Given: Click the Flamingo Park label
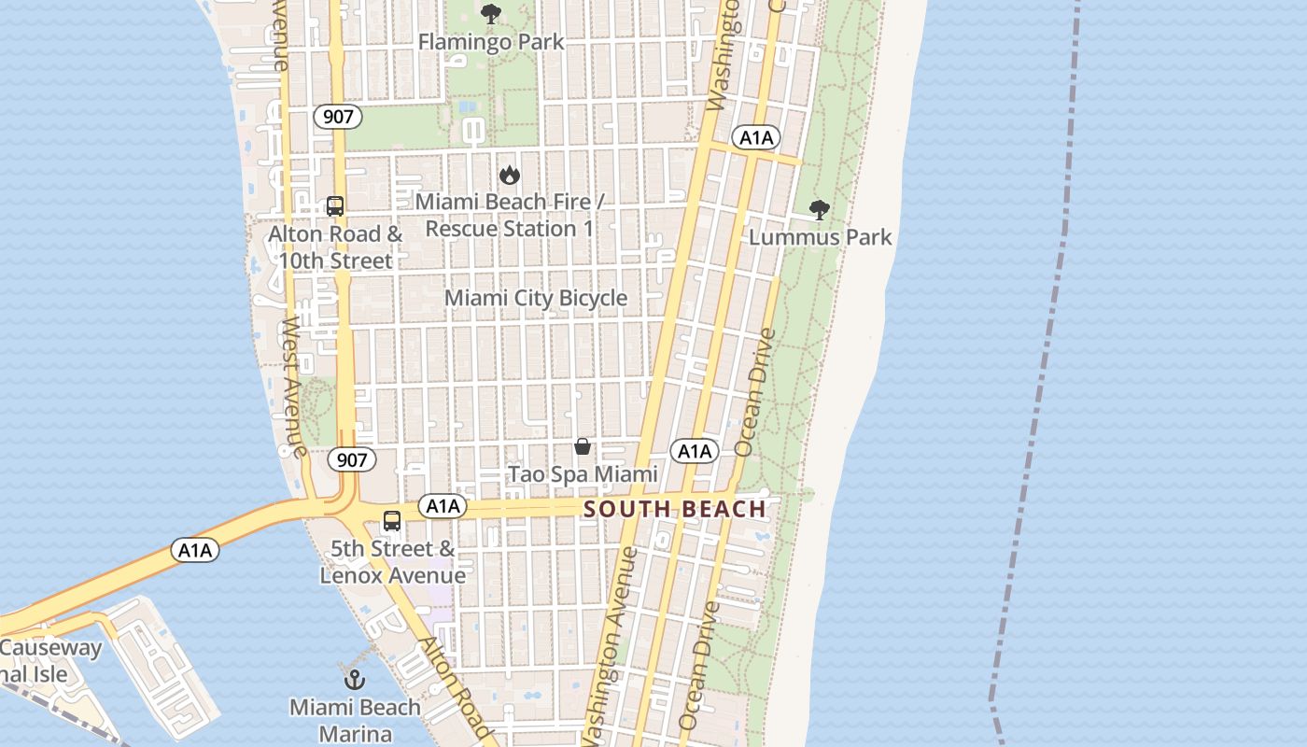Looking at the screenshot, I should (490, 42).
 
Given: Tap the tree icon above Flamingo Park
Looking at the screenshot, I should (490, 14).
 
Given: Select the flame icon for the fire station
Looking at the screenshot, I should (509, 175).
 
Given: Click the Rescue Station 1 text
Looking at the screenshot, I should (509, 229).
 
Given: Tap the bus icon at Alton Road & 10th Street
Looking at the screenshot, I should (335, 206).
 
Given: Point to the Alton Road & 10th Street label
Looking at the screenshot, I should (335, 247).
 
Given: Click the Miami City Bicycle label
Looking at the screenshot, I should (535, 298).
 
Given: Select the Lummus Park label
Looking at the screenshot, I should (820, 237).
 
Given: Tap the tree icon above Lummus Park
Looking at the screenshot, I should (819, 210).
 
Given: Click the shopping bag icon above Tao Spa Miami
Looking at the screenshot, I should (583, 447).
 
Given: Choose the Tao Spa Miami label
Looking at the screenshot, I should (583, 474).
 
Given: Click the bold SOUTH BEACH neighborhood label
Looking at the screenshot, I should (674, 510).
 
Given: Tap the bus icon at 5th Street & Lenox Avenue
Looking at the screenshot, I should (392, 521).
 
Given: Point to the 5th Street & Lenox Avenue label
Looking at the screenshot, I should (392, 562).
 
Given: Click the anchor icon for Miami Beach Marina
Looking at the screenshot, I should (355, 679).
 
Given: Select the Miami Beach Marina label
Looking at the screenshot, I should (355, 720).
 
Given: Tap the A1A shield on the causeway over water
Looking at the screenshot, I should (195, 550).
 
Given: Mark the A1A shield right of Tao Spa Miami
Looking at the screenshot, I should (695, 452).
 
